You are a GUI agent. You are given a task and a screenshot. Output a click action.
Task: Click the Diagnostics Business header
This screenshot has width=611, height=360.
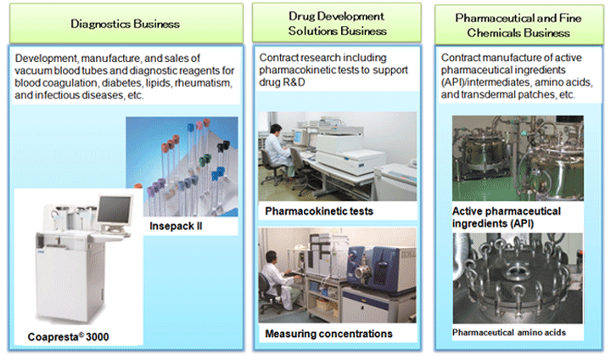click(x=125, y=24)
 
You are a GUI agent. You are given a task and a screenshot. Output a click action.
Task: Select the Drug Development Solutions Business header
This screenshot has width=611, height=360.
click(x=337, y=24)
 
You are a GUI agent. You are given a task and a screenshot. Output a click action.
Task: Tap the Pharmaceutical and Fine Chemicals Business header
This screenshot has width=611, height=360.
click(x=519, y=25)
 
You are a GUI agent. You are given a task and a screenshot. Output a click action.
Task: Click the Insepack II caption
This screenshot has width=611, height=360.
click(x=176, y=226)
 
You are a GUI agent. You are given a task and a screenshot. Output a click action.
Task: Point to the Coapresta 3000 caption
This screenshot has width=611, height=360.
click(x=68, y=336)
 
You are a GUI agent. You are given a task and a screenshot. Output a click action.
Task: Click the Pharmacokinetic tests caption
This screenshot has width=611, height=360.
click(x=319, y=211)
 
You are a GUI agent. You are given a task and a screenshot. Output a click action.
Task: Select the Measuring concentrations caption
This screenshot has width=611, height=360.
click(x=328, y=334)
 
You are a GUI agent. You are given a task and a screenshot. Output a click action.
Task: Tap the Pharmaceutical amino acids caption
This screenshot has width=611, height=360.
click(x=509, y=333)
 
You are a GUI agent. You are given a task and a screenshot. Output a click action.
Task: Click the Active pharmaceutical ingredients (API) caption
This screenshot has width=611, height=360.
click(x=506, y=217)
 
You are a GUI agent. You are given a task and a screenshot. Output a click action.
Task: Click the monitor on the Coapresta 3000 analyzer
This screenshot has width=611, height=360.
click(x=115, y=211)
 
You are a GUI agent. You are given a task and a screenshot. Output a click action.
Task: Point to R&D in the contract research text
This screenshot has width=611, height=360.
click(x=292, y=82)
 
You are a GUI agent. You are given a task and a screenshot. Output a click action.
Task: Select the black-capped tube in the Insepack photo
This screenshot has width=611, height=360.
click(x=224, y=147)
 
